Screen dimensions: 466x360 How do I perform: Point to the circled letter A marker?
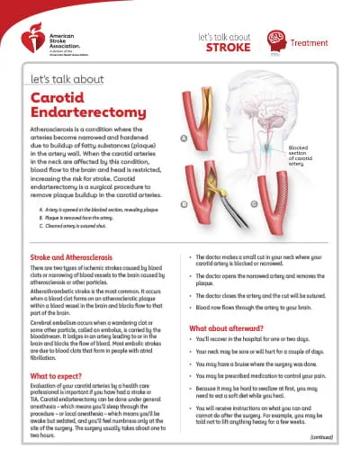click(184, 139)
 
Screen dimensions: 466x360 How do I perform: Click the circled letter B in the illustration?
click(184, 202)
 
